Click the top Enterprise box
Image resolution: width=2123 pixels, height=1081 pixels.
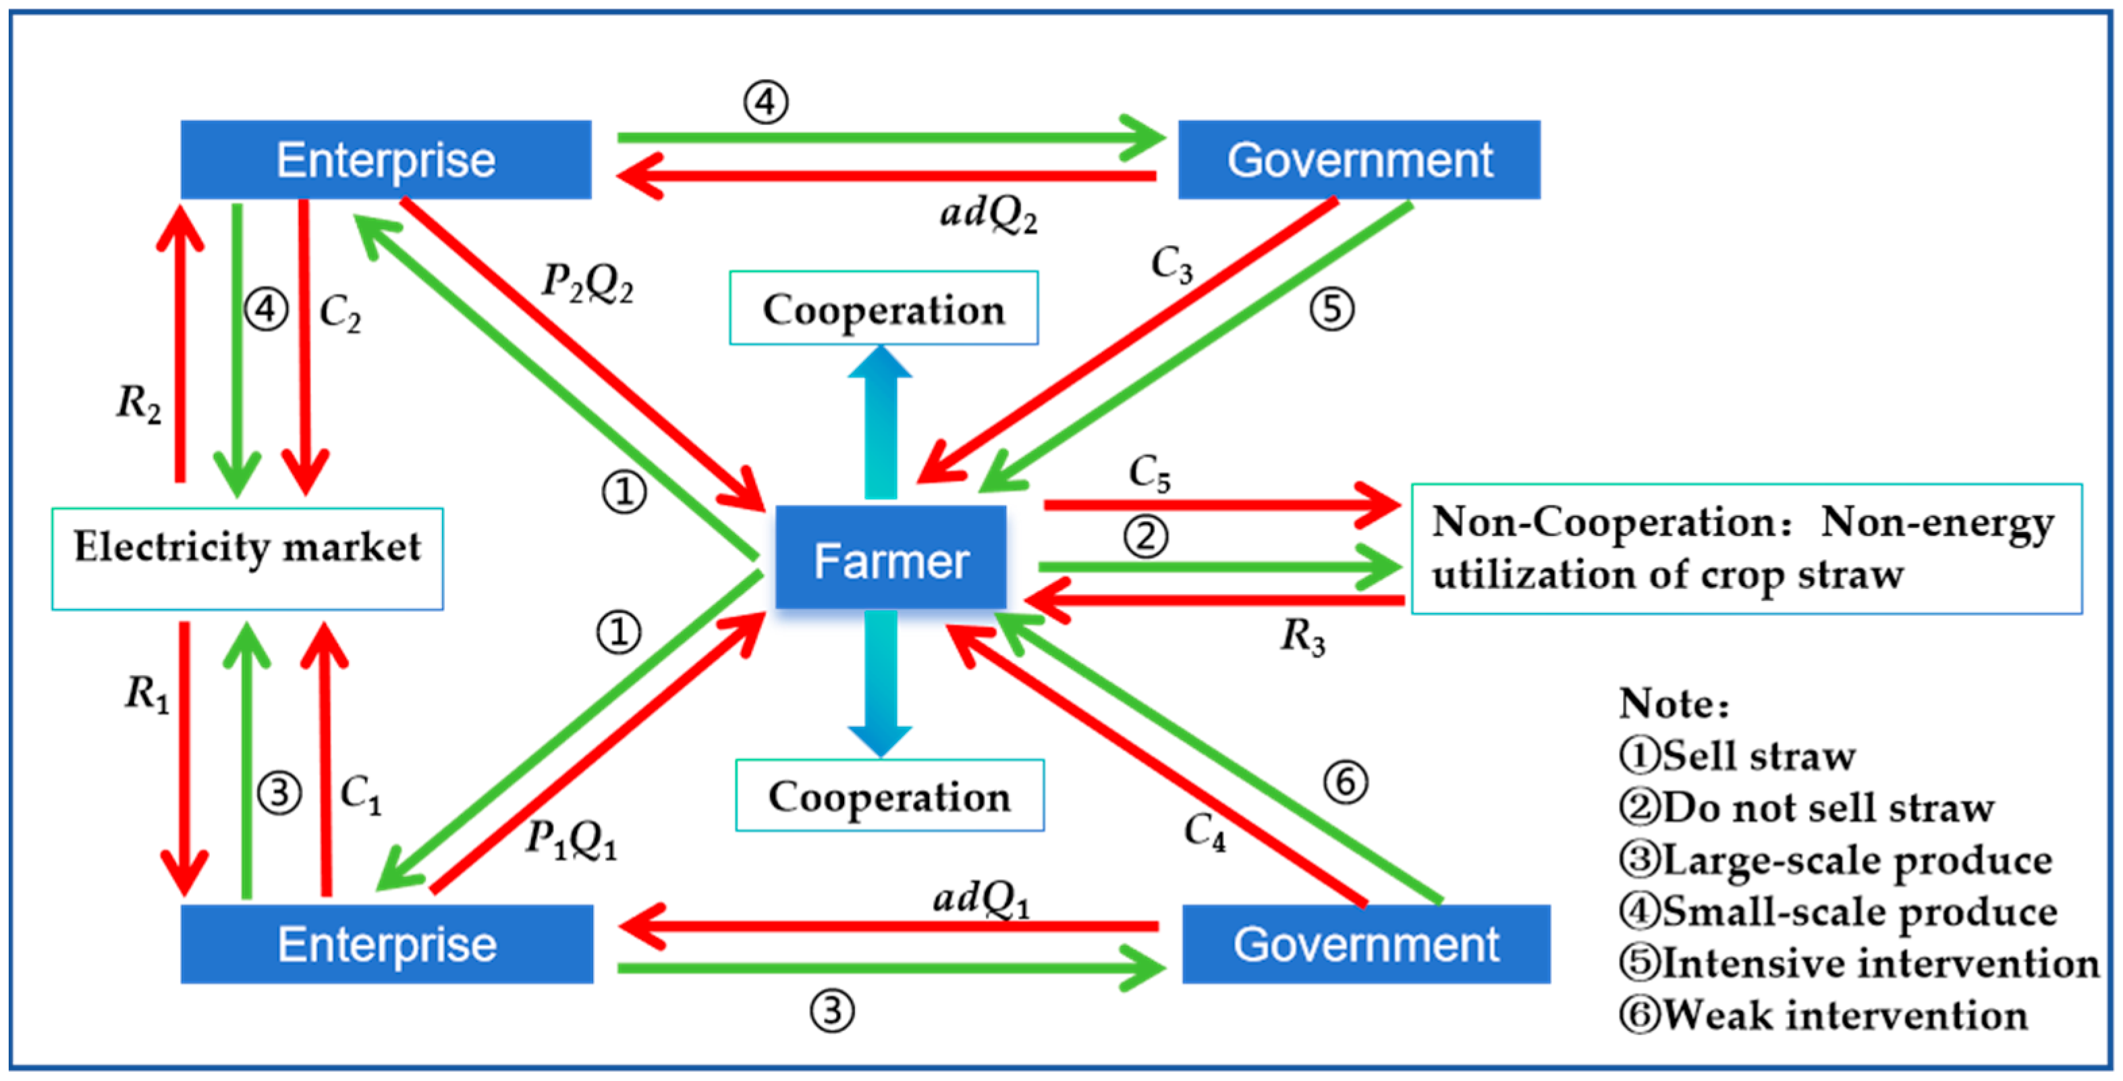(x=386, y=159)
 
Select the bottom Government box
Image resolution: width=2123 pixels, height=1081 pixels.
(x=1366, y=943)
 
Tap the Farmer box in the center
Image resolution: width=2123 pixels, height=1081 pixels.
(x=890, y=559)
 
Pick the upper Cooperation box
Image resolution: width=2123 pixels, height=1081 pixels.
(x=883, y=309)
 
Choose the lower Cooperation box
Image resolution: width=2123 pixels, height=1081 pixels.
(x=889, y=795)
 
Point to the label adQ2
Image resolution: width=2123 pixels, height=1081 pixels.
(x=988, y=215)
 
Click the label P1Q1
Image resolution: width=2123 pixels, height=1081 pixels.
(x=571, y=840)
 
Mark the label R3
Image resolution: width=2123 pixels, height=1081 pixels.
(x=1303, y=637)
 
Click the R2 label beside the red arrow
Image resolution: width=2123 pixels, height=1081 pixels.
(x=138, y=404)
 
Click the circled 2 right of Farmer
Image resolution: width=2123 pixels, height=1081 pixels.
(x=1147, y=537)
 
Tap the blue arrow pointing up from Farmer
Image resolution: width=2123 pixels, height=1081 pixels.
(x=880, y=421)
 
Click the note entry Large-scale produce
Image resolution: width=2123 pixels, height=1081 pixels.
(x=1836, y=860)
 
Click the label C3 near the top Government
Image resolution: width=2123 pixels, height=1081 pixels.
(x=1171, y=265)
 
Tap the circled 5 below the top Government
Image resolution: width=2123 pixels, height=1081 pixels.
(x=1332, y=309)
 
